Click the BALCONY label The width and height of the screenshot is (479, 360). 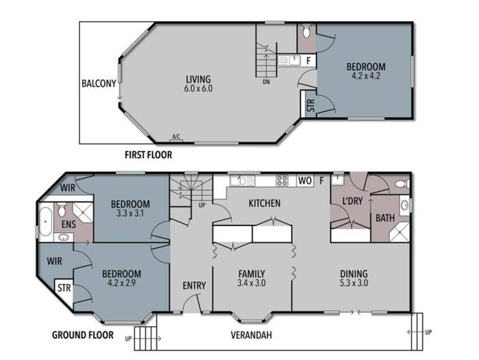click(99, 84)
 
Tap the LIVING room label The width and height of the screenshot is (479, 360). click(198, 79)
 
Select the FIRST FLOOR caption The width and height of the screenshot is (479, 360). click(148, 155)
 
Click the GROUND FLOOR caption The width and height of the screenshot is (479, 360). click(83, 335)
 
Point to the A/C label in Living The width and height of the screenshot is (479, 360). click(176, 136)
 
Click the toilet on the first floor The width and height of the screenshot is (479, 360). click(306, 31)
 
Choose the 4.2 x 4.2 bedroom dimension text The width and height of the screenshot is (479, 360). click(366, 76)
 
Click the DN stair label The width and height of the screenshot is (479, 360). click(266, 82)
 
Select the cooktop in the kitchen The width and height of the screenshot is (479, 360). click(282, 180)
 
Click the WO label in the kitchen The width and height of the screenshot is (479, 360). click(305, 180)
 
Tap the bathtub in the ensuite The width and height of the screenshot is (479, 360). click(45, 222)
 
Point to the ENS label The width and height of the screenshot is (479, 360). click(69, 224)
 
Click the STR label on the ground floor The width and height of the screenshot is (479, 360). click(64, 288)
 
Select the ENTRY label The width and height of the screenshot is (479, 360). click(194, 285)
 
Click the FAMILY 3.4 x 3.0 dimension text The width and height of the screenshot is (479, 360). click(251, 283)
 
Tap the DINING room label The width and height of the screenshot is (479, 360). click(354, 274)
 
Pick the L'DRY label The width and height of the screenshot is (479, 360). click(353, 201)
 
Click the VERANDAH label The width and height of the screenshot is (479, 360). click(251, 335)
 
